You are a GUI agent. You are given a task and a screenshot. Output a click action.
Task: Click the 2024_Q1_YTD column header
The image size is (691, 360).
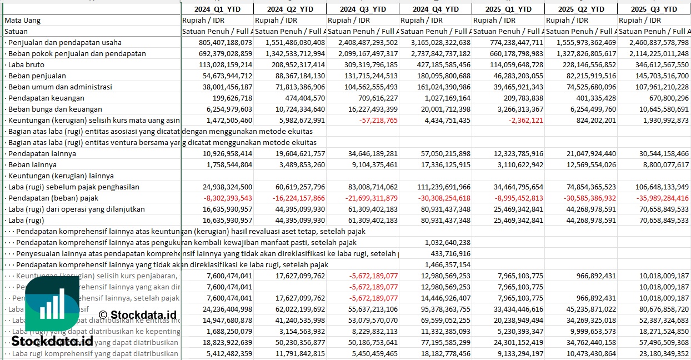[x=217, y=9]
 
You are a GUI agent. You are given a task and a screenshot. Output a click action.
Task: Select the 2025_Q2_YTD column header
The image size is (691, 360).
[x=580, y=9]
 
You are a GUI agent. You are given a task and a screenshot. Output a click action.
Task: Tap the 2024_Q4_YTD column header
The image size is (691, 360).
[x=435, y=9]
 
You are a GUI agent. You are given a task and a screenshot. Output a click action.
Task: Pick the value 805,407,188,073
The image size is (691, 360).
[x=222, y=42]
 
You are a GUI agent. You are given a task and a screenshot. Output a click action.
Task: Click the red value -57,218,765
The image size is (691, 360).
[x=377, y=120]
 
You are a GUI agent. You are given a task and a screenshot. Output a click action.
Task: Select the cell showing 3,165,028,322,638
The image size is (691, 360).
[x=435, y=42]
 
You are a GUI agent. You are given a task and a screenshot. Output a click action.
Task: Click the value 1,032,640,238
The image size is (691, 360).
[x=447, y=242]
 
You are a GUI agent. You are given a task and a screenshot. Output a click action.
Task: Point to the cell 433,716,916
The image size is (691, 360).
[x=450, y=253]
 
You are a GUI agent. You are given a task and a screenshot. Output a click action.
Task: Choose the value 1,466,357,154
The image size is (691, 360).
[x=447, y=264]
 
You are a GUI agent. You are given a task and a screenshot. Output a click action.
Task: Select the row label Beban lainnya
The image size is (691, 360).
[x=33, y=164]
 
